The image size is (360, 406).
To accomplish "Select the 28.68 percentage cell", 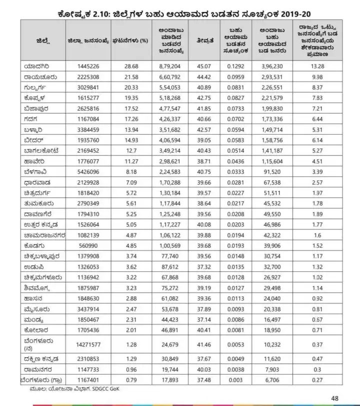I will (x=131, y=66).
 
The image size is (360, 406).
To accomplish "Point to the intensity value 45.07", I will (x=204, y=66).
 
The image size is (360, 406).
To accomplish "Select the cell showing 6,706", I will (x=272, y=379).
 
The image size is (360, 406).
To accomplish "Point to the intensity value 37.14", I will (x=204, y=319).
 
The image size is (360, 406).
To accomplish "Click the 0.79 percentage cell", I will (x=131, y=379).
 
